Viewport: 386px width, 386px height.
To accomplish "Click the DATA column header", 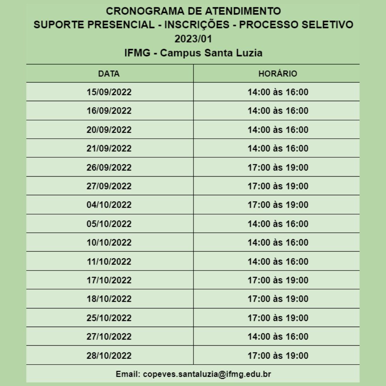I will (109, 74).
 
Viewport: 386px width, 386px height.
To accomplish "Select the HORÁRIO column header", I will (278, 74).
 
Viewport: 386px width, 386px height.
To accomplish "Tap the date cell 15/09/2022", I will (109, 92).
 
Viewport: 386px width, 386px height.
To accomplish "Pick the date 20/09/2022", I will (109, 130).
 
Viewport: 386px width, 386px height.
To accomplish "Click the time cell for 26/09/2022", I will (278, 167).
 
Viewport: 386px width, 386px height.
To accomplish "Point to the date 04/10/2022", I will (109, 205).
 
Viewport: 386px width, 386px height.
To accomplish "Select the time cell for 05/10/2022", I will (278, 224).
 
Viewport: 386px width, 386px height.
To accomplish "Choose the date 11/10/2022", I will (109, 262).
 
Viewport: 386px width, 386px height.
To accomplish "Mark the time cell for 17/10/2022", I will (278, 280).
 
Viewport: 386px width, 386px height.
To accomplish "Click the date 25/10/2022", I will (109, 318).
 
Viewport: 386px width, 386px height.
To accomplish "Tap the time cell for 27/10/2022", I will (278, 337).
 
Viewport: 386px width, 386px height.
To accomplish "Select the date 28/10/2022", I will (109, 356).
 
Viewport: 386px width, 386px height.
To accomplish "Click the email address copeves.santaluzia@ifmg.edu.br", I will (207, 374).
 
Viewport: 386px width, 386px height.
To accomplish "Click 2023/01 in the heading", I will (193, 39).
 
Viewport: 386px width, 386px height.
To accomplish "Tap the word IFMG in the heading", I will (137, 53).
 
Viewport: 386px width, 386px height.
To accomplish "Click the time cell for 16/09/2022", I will (278, 111).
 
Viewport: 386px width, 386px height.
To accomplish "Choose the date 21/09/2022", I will (109, 148).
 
